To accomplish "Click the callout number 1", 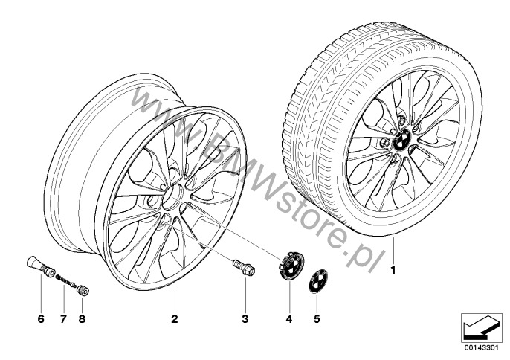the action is pyautogui.click(x=393, y=271).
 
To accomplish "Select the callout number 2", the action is pyautogui.click(x=175, y=319).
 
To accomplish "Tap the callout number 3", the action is pyautogui.click(x=245, y=319).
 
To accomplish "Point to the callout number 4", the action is pyautogui.click(x=289, y=319).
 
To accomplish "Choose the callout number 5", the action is pyautogui.click(x=317, y=319).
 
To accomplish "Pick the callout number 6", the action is pyautogui.click(x=41, y=319).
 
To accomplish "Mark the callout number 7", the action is pyautogui.click(x=63, y=319).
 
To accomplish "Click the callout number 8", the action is pyautogui.click(x=82, y=319).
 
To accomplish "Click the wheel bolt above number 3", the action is pyautogui.click(x=244, y=266).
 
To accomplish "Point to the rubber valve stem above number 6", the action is pyautogui.click(x=40, y=263).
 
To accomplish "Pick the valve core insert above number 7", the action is pyautogui.click(x=66, y=281).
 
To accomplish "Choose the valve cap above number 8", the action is pyautogui.click(x=84, y=290).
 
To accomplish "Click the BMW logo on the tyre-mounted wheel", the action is pyautogui.click(x=401, y=140).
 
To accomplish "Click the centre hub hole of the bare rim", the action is pyautogui.click(x=172, y=197).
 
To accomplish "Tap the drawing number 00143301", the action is pyautogui.click(x=482, y=347).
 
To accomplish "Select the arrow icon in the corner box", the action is pyautogui.click(x=481, y=328).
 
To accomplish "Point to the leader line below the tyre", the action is pyautogui.click(x=393, y=250).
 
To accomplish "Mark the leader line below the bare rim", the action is pyautogui.click(x=175, y=300).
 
